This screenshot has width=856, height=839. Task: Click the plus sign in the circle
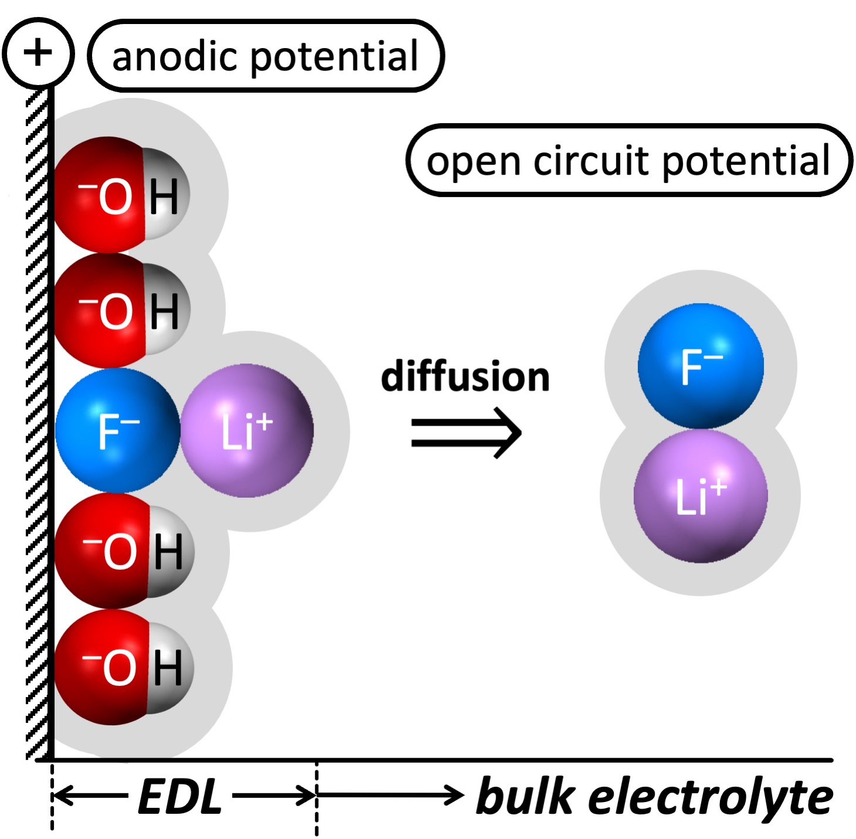pyautogui.click(x=38, y=53)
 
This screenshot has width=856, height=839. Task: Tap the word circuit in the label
pyautogui.click(x=592, y=161)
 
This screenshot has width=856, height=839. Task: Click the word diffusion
pyautogui.click(x=465, y=376)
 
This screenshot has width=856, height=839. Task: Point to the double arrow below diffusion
pyautogui.click(x=466, y=433)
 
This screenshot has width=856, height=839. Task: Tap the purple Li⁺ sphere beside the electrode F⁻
pyautogui.click(x=247, y=431)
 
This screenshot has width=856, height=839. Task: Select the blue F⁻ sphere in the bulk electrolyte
pyautogui.click(x=701, y=365)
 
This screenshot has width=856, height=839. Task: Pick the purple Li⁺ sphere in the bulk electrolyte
pyautogui.click(x=701, y=496)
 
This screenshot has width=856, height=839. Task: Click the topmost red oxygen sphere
pyautogui.click(x=103, y=195)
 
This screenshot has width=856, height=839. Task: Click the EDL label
pyautogui.click(x=180, y=797)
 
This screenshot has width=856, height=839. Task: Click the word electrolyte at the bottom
pyautogui.click(x=711, y=797)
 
